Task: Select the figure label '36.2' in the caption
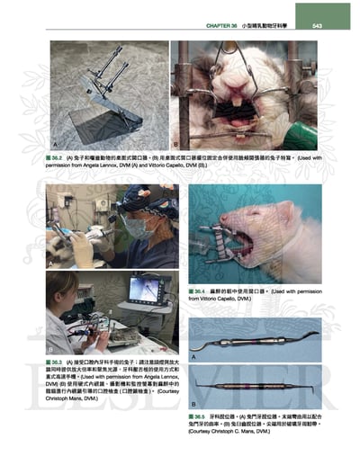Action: point(62,158)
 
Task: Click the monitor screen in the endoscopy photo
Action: point(142,288)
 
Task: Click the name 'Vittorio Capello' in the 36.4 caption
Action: point(216,301)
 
